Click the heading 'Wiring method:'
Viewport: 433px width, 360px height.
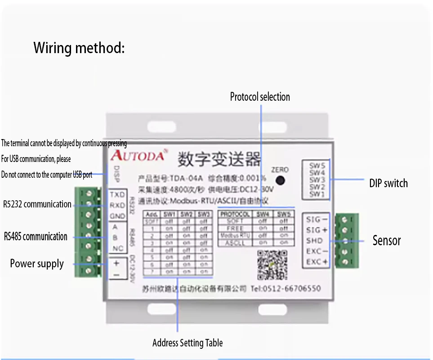79,48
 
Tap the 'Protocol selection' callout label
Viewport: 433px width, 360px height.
260,97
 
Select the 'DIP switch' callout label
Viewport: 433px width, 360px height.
388,183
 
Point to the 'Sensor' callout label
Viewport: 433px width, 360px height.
386,241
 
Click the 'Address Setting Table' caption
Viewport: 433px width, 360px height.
187,343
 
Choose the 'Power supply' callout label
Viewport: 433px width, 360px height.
37,264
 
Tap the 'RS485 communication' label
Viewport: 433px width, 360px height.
36,237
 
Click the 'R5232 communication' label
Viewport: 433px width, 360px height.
37,204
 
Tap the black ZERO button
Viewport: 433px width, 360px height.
281,181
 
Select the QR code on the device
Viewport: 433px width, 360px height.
272,265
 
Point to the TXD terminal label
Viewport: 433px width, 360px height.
117,195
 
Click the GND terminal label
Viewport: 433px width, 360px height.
117,216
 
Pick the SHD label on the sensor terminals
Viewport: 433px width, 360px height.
314,241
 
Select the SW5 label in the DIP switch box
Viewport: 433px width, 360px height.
317,166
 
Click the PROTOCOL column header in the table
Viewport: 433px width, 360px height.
235,215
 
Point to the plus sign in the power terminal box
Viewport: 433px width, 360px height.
116,263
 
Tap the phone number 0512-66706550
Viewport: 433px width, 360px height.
286,288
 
